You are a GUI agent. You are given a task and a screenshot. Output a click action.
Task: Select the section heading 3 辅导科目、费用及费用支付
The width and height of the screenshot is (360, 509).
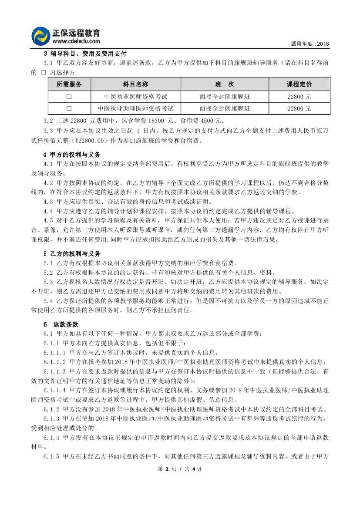tap(85, 54)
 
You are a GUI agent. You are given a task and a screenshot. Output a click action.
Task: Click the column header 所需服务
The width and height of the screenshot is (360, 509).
tap(69, 84)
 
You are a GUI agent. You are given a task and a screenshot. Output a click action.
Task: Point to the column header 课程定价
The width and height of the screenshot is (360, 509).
tap(299, 84)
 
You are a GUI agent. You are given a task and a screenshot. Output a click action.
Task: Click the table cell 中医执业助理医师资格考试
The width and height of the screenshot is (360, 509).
tap(136, 108)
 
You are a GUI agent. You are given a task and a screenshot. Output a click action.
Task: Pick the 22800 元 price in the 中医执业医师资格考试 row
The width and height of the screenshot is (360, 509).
tap(299, 97)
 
